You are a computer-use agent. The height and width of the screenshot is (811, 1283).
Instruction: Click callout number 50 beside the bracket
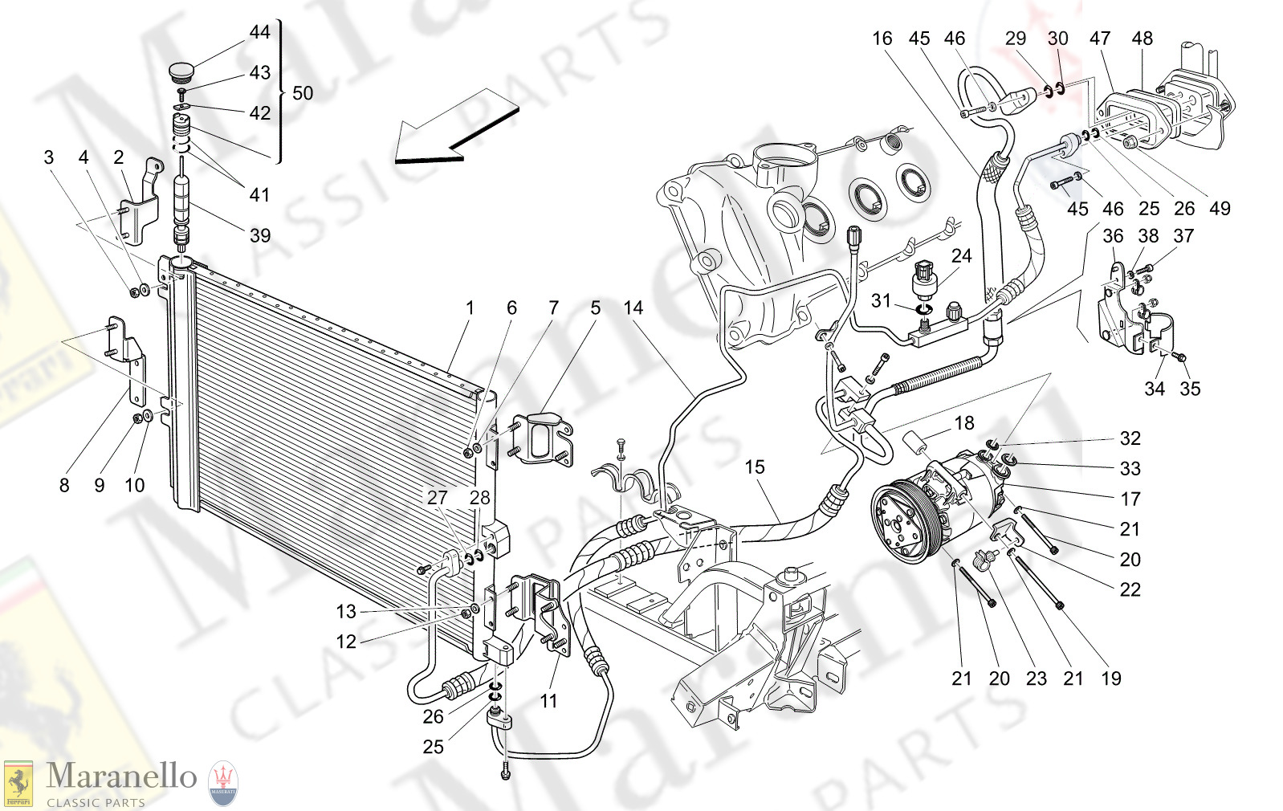303,93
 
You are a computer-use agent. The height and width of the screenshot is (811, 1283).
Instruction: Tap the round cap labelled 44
183,71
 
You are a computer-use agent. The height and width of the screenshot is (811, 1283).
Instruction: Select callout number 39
259,235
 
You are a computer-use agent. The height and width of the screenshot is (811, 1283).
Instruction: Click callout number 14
633,308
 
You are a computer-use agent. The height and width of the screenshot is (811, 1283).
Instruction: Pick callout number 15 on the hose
754,467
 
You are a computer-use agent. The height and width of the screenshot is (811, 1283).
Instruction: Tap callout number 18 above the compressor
963,422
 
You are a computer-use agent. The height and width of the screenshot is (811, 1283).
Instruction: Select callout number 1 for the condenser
470,308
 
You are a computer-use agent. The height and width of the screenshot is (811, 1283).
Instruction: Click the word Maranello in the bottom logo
120,776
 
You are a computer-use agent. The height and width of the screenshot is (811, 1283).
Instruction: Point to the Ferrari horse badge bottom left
18,783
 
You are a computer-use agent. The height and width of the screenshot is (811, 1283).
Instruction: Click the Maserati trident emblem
223,783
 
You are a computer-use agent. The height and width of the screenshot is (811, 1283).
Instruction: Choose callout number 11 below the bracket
548,701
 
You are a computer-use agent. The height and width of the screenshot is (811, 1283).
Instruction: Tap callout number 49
1220,209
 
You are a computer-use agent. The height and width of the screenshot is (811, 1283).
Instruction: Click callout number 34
1154,389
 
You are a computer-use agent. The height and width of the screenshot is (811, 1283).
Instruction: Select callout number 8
64,485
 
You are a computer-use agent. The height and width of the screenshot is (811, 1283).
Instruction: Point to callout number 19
1110,679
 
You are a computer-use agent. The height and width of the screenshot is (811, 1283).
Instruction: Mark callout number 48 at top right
1142,39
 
